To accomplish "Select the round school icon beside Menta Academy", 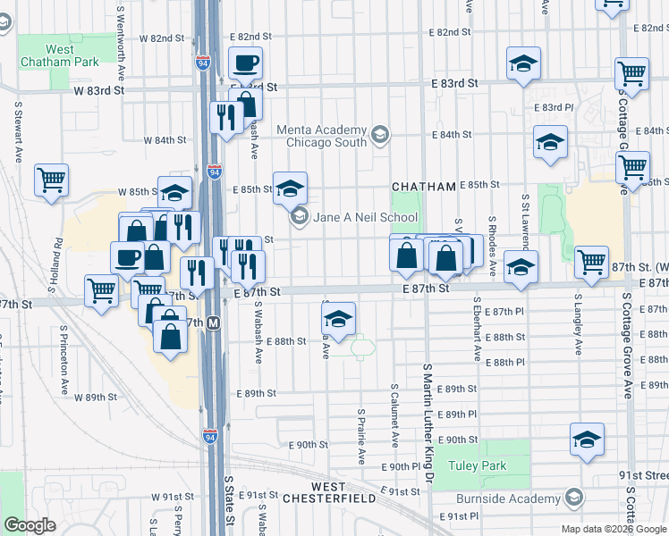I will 380,136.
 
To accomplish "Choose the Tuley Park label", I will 480,465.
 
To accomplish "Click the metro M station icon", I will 214,322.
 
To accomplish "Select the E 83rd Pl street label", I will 552,107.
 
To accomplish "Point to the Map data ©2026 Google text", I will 613,528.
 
